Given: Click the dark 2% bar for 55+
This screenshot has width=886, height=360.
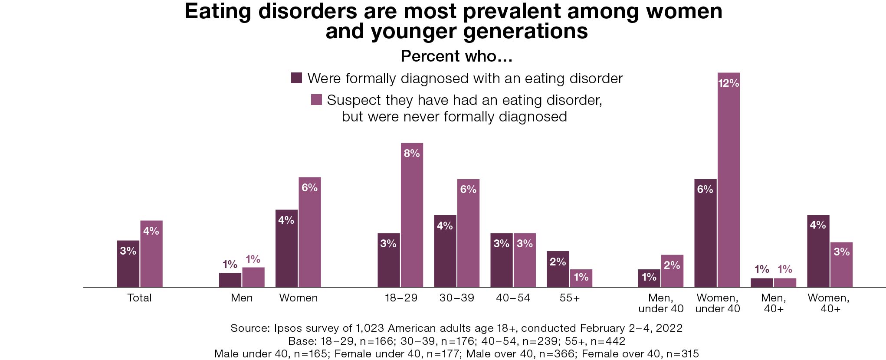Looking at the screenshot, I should tap(558, 269).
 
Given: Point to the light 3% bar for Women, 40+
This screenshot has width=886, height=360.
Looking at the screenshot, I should tap(841, 265).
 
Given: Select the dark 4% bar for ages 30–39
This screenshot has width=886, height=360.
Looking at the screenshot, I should tap(445, 251).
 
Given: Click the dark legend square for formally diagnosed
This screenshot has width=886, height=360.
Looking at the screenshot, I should tap(296, 78).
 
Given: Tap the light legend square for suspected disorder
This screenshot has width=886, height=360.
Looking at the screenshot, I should tap(316, 100).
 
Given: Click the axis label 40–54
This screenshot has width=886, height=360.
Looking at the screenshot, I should tap(513, 298).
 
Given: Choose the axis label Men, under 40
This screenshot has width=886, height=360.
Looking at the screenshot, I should tap(661, 303).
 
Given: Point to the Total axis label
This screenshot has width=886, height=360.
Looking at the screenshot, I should tap(139, 298).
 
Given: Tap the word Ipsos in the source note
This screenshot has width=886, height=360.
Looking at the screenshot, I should tap(288, 328).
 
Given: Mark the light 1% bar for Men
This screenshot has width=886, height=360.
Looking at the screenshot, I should tap(253, 277).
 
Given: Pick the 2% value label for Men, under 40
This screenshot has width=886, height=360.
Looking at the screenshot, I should tap(672, 265).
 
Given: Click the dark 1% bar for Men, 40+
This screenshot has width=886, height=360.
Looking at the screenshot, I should tap(761, 283).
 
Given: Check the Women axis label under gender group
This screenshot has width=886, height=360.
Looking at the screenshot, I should tap(299, 298).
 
